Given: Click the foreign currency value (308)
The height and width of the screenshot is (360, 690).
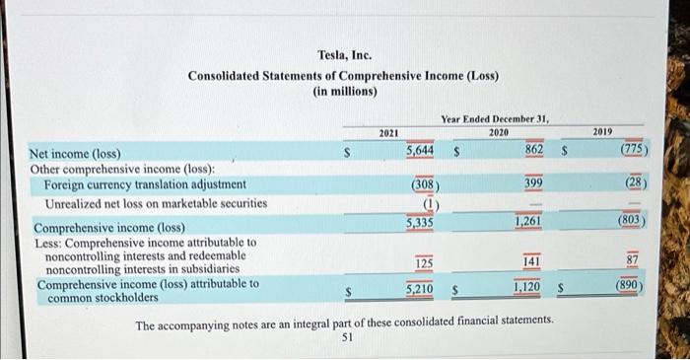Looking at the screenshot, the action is tap(424, 184).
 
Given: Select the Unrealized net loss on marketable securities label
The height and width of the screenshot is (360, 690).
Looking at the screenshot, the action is tap(156, 203).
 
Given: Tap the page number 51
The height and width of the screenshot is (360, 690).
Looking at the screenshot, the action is tap(346, 336).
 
